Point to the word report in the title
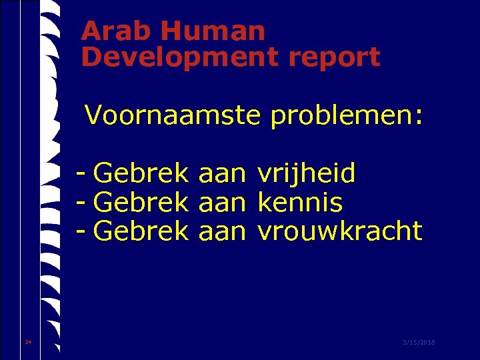click(335, 57)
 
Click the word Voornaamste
click(173, 116)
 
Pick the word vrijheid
click(306, 175)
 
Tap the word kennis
click(299, 203)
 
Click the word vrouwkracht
click(339, 231)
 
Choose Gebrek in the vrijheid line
click(141, 175)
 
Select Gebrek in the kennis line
click(141, 203)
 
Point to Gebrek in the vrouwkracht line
click(141, 231)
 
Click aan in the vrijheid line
click(223, 175)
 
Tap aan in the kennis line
click(223, 203)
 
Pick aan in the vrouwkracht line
click(223, 231)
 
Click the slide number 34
click(27, 342)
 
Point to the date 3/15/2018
click(419, 342)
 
